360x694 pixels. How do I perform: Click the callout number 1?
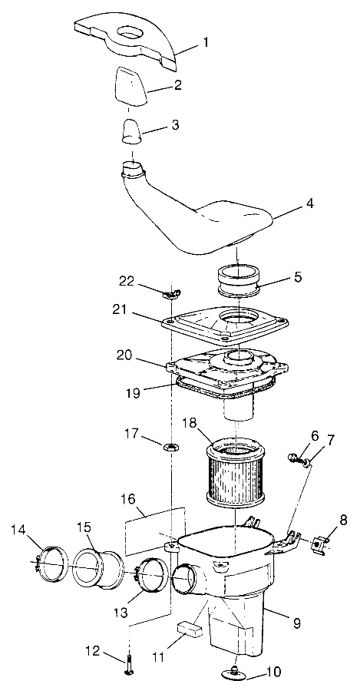204,43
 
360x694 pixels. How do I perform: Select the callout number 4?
309,204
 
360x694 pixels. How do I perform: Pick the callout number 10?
273,672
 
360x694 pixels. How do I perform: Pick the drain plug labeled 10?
236,673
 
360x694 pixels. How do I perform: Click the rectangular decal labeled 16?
154,528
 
